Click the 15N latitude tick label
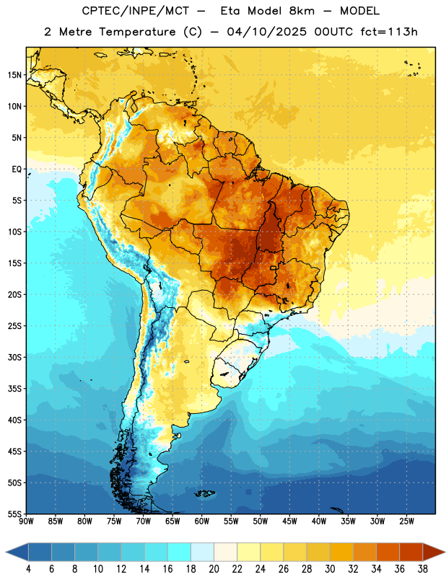tap(14, 75)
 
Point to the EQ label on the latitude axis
tap(17, 169)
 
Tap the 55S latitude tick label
tap(14, 514)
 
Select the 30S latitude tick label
tap(14, 357)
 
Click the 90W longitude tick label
tap(26, 521)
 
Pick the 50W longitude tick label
tap(261, 521)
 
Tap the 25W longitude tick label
tap(407, 521)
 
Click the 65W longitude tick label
tap(172, 521)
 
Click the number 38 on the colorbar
tap(423, 569)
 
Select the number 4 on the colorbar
tap(28, 569)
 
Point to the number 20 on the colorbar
tap(214, 569)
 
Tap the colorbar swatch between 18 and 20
tap(203, 552)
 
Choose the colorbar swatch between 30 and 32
tap(342, 552)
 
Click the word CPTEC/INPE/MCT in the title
tap(136, 11)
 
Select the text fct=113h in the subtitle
tap(389, 32)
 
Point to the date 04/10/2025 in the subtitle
tap(266, 32)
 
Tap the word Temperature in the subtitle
tap(137, 32)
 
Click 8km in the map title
tap(302, 11)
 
